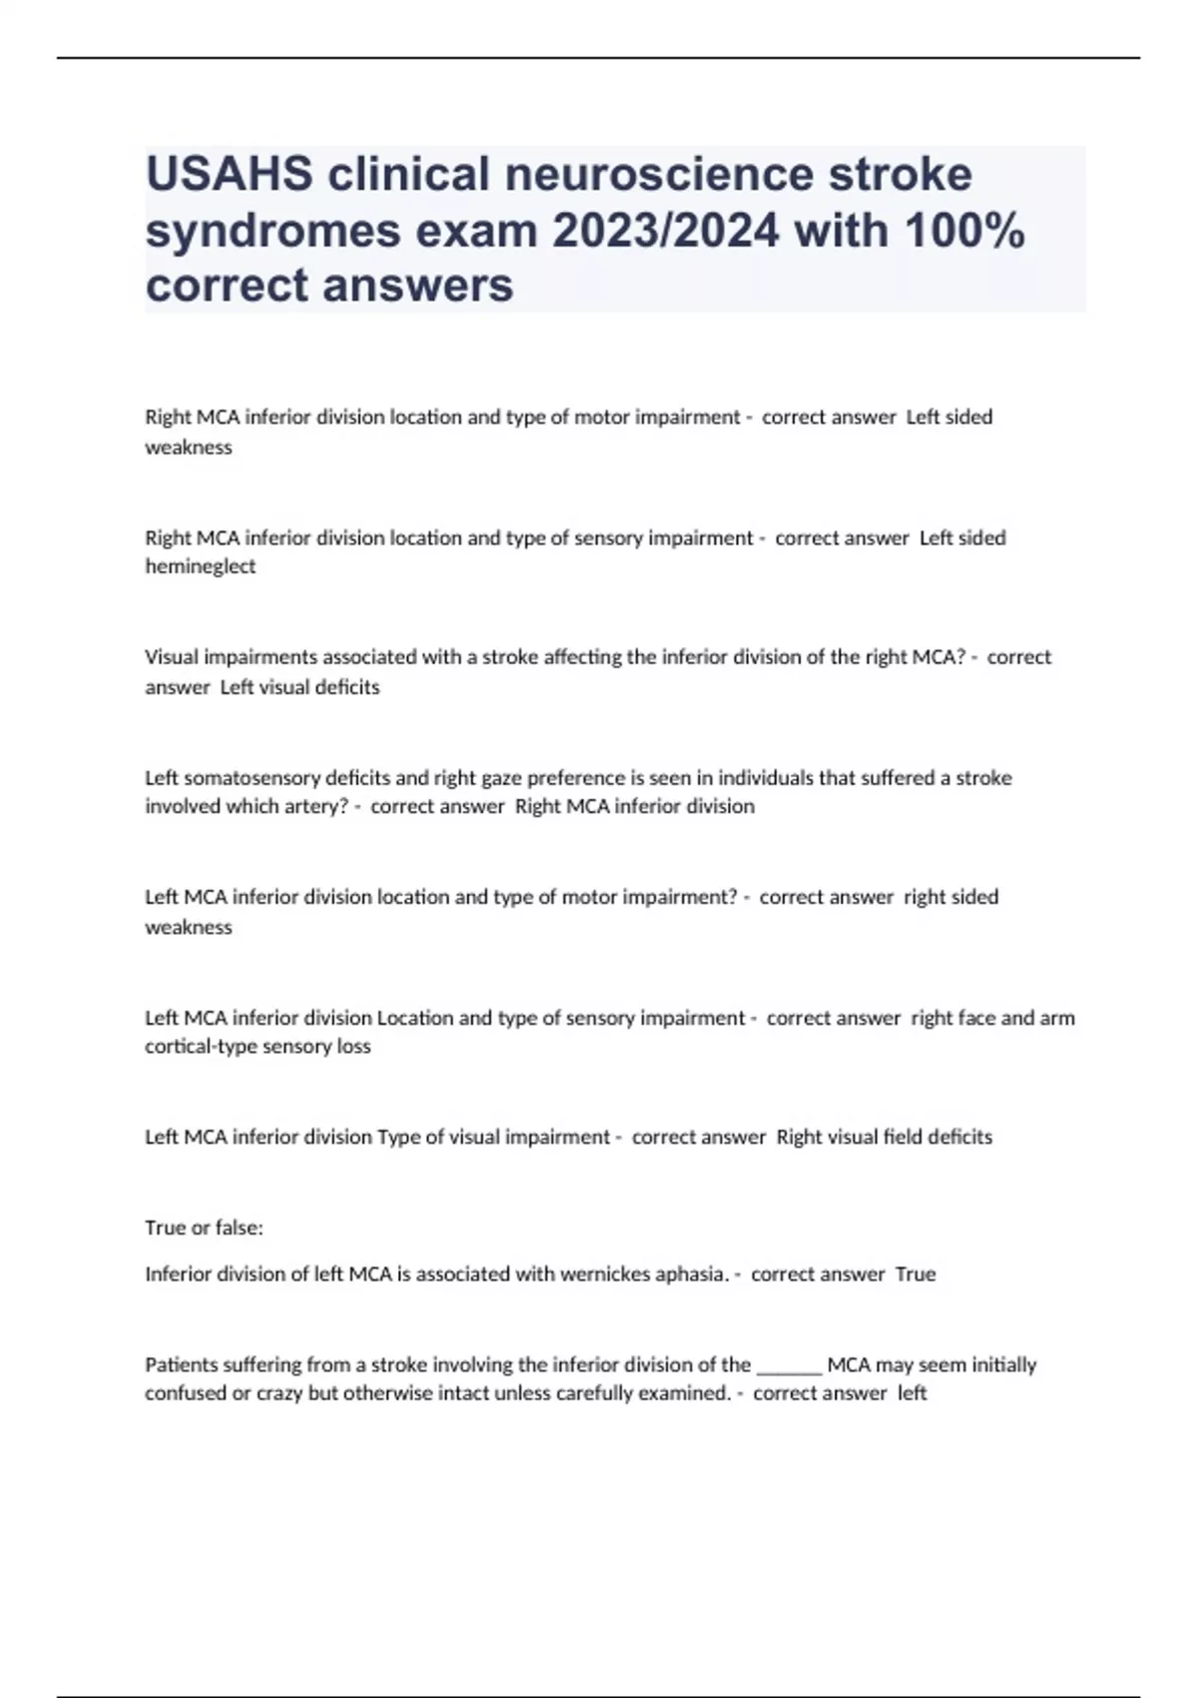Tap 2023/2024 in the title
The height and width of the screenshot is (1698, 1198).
[665, 231]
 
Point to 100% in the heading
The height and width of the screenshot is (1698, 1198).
[963, 231]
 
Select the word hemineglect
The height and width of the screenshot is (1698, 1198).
[201, 566]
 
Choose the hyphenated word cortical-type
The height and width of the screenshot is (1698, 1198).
[201, 1046]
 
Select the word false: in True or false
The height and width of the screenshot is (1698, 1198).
[239, 1228]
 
